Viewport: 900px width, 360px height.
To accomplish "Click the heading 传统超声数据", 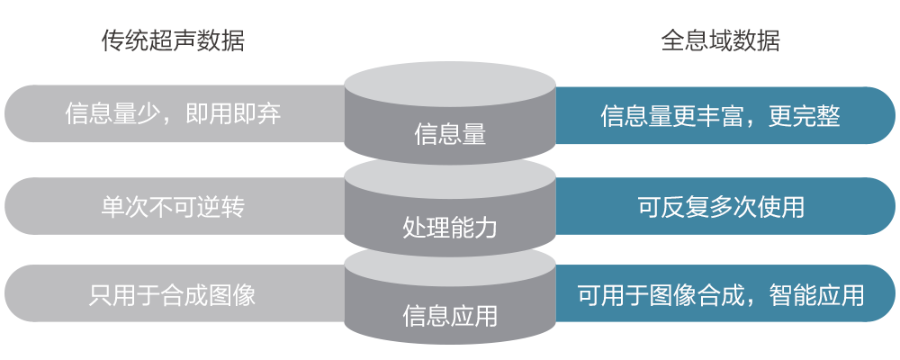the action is click(174, 41).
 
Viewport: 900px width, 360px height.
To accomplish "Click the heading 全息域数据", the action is click(720, 41).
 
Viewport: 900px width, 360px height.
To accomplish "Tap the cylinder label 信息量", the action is click(450, 135).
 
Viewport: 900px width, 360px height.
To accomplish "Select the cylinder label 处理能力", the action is click(450, 228).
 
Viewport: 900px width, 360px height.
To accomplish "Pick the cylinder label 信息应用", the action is click(450, 316).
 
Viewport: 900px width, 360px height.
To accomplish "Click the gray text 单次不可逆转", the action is click(174, 207).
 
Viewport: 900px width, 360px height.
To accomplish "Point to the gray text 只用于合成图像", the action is click(172, 295).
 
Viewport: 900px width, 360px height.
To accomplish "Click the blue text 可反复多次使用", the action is click(721, 207).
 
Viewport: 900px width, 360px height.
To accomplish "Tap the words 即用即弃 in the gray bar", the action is click(234, 113).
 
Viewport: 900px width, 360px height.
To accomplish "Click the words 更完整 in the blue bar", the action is click(805, 117).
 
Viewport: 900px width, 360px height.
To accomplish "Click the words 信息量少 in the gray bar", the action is click(112, 113).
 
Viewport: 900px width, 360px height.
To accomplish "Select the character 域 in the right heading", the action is click(720, 41).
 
